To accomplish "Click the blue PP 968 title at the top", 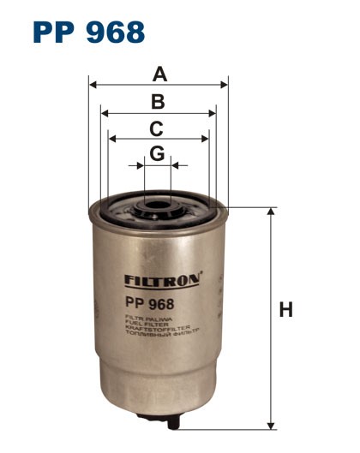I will click(88, 32).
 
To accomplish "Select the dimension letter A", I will click(159, 74).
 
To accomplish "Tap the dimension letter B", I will click(158, 102).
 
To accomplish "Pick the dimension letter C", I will click(157, 129).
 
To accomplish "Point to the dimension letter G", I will click(157, 153).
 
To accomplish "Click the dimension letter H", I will click(285, 310).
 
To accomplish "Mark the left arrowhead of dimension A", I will click(92, 85).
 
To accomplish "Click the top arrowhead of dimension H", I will click(271, 212).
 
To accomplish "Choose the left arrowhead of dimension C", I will click(111, 137).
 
